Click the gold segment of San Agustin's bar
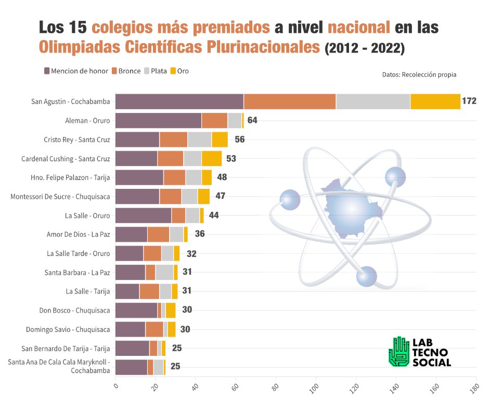pyautogui.click(x=435, y=101)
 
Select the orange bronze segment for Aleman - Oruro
pyautogui.click(x=214, y=120)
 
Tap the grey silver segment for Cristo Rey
pyautogui.click(x=199, y=139)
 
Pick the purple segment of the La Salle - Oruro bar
pyautogui.click(x=143, y=215)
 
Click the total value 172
pyautogui.click(x=469, y=101)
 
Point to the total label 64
pyautogui.click(x=252, y=120)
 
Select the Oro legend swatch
pyautogui.click(x=174, y=71)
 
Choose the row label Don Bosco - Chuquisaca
pyautogui.click(x=74, y=311)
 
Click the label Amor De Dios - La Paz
pyautogui.click(x=78, y=235)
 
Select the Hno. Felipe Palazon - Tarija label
pyautogui.click(x=70, y=177)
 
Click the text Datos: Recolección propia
pyautogui.click(x=419, y=74)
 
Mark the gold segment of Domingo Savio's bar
pyautogui.click(x=172, y=329)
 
